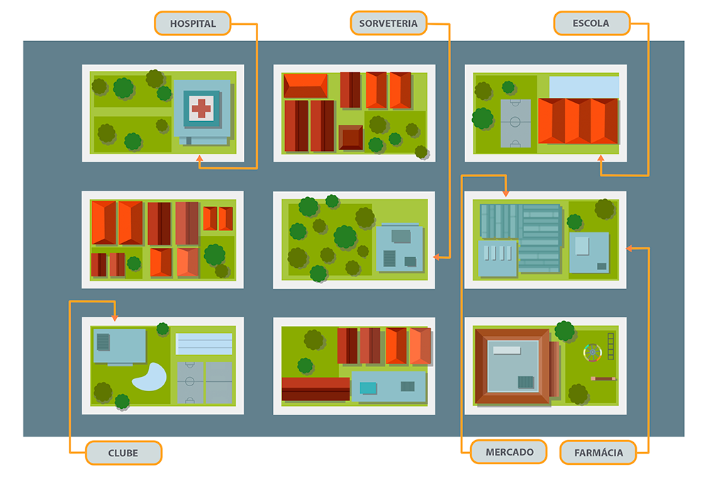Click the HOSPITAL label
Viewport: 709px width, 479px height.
pyautogui.click(x=193, y=23)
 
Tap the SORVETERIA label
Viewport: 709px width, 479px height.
pyautogui.click(x=389, y=23)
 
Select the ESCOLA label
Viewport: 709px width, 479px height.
pyautogui.click(x=591, y=23)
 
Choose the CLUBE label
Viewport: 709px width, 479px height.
pyautogui.click(x=123, y=452)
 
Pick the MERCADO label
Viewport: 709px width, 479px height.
pyautogui.click(x=510, y=451)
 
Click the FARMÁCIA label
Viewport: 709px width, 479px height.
pyautogui.click(x=597, y=452)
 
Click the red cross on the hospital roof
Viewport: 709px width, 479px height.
pyautogui.click(x=201, y=108)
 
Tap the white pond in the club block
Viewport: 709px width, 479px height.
pyautogui.click(x=150, y=377)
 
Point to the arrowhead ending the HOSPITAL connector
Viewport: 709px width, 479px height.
pyautogui.click(x=199, y=164)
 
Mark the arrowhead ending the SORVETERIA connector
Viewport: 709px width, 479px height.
pyautogui.click(x=436, y=257)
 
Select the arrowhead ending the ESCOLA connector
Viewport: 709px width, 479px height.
pyautogui.click(x=601, y=169)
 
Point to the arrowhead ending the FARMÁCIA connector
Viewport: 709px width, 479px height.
pyautogui.click(x=630, y=248)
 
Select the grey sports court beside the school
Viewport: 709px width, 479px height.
pyautogui.click(x=515, y=123)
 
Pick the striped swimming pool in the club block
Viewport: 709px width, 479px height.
pyautogui.click(x=204, y=344)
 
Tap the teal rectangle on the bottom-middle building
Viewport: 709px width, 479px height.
pyautogui.click(x=368, y=388)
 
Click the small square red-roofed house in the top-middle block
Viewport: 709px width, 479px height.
pyautogui.click(x=350, y=137)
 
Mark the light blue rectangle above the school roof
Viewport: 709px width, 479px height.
pyautogui.click(x=584, y=86)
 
